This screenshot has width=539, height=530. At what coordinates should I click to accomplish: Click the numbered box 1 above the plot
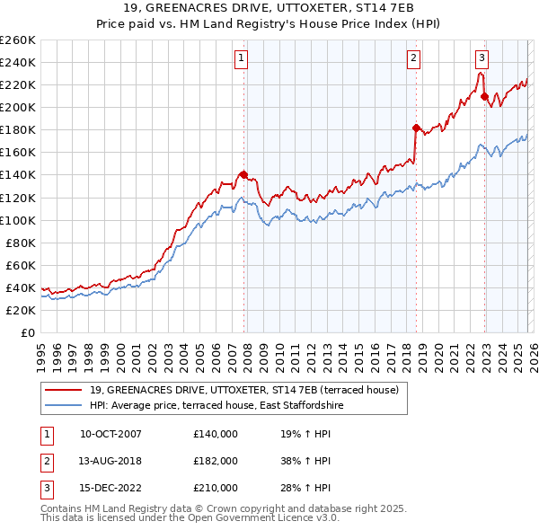tap(243, 59)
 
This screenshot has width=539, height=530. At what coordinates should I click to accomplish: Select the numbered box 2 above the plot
tap(413, 59)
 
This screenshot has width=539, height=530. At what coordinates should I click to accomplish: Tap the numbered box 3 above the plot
tap(482, 59)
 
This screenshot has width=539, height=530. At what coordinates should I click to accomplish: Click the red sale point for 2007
tap(243, 174)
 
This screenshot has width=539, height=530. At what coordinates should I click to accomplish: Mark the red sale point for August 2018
tap(416, 128)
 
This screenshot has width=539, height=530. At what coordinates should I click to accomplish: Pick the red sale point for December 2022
tap(484, 96)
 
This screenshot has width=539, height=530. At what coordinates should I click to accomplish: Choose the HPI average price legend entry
tap(216, 406)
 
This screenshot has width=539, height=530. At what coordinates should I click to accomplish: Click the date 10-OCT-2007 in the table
tap(110, 434)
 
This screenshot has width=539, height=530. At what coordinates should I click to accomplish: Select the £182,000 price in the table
tap(216, 461)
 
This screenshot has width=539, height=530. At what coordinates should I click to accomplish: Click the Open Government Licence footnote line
tap(190, 518)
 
